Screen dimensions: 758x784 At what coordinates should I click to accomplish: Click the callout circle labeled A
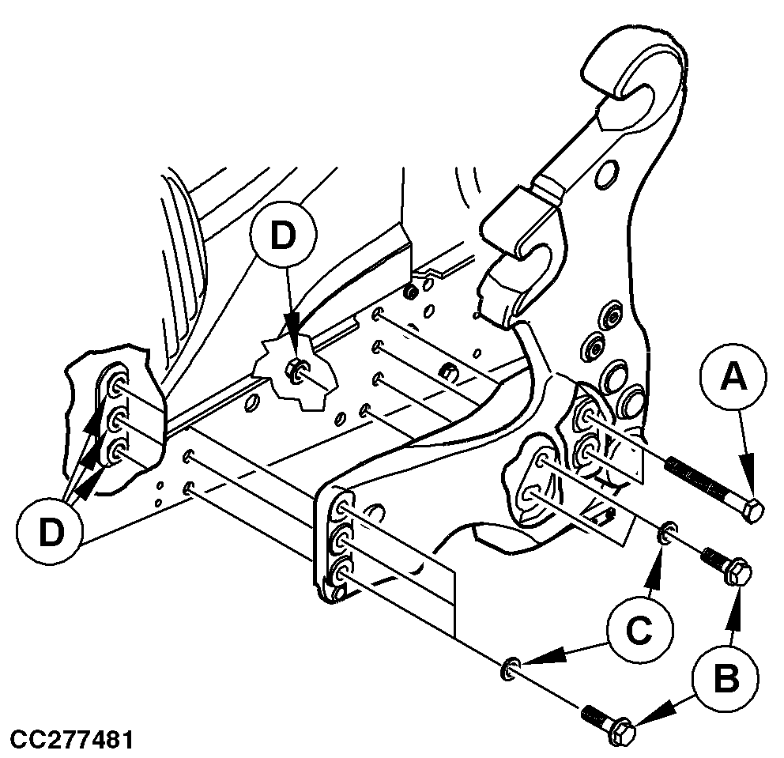[x=732, y=381]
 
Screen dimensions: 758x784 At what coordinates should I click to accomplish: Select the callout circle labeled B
[x=726, y=677]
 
